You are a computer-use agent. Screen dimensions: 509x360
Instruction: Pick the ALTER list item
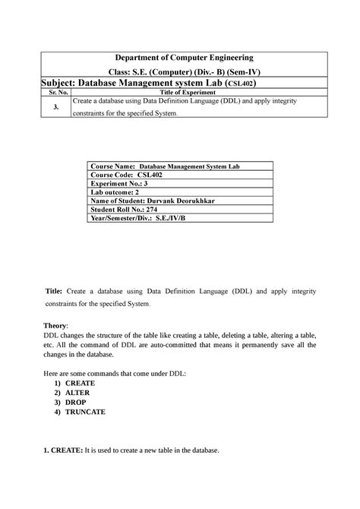click(x=77, y=393)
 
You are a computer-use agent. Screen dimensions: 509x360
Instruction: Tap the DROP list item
click(x=75, y=403)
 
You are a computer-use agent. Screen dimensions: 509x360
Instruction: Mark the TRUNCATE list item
click(x=85, y=413)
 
